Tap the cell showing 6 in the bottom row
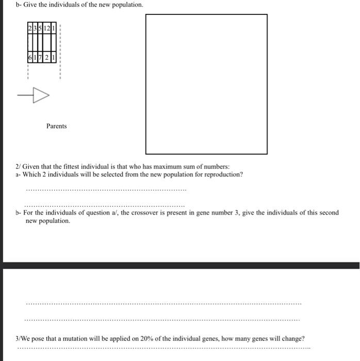(30, 58)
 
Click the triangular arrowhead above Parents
(41, 95)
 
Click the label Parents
(56, 126)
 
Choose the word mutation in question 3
(72, 339)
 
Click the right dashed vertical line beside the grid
(60, 52)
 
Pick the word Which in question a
(32, 174)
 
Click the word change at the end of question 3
(292, 339)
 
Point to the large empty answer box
(206, 84)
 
